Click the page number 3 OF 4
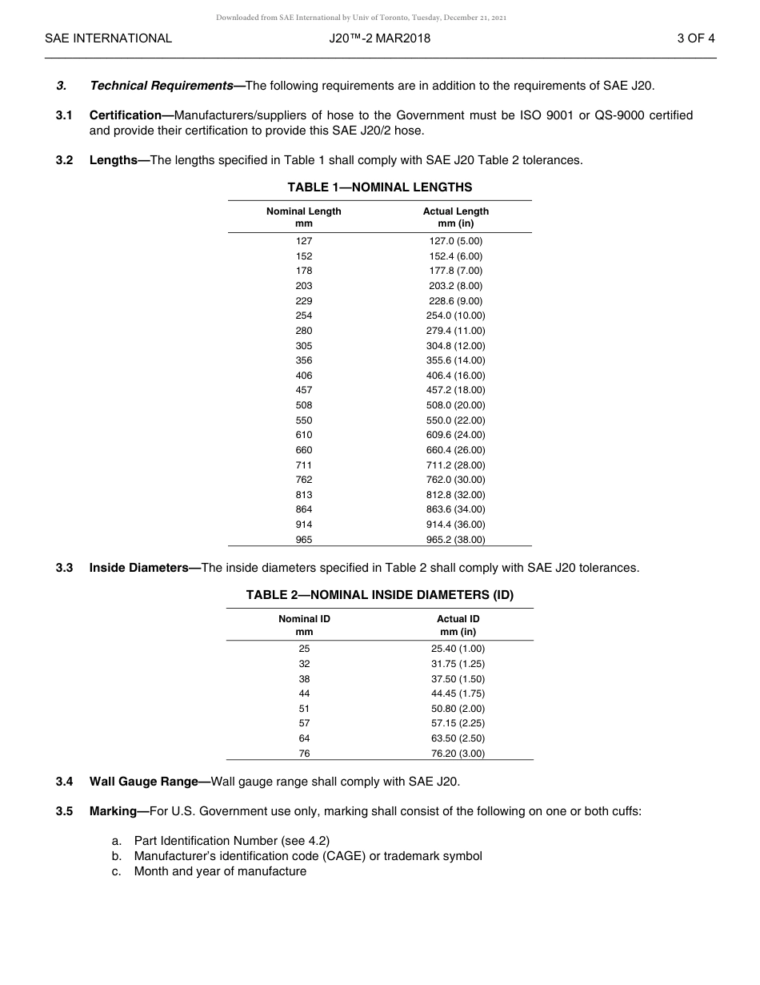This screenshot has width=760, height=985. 695,38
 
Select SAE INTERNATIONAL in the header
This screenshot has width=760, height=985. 108,38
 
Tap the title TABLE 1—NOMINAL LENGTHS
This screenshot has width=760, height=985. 380,187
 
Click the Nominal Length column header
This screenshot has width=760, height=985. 304,217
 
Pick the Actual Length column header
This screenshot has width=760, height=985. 456,217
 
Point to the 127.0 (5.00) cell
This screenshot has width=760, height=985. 456,241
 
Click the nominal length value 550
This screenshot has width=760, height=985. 304,420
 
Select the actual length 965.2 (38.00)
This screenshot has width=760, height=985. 456,540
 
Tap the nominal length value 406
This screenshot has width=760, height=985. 304,376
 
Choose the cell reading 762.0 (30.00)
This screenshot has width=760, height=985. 456,480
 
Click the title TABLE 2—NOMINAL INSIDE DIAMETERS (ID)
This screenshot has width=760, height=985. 380,595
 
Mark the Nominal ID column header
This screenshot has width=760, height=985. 304,625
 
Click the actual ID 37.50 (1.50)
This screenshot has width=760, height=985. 458,679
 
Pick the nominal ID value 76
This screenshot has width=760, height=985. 304,754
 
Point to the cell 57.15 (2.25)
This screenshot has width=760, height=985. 458,723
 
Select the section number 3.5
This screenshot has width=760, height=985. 65,811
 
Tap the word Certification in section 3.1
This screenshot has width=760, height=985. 126,115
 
